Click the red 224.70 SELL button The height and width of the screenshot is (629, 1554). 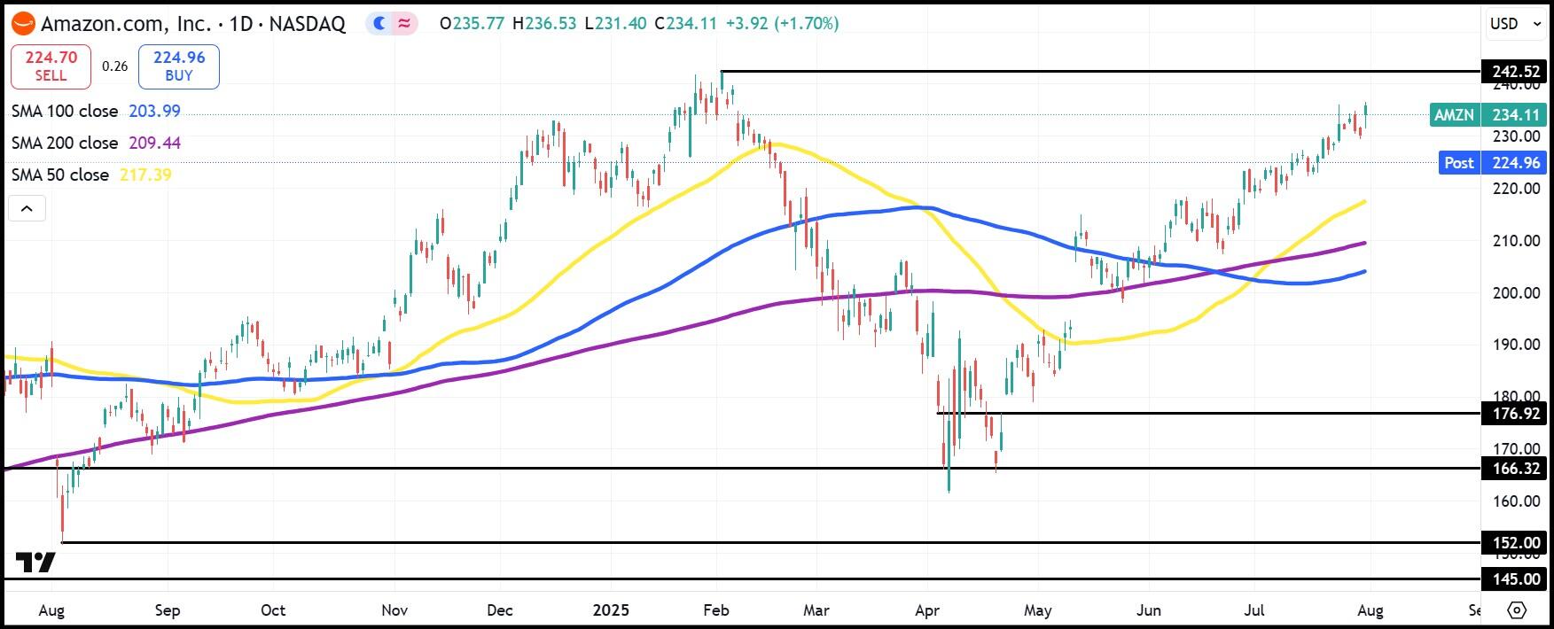tap(51, 66)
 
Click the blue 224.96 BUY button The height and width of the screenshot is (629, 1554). tap(178, 66)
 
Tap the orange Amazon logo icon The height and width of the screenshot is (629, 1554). tap(23, 24)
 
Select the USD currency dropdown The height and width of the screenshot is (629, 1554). tap(1516, 24)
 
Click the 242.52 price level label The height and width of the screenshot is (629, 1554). tap(1515, 72)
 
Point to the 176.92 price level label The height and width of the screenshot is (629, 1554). tap(1515, 414)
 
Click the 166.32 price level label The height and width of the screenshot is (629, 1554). tap(1515, 469)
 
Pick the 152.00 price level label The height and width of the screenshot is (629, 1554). tap(1515, 543)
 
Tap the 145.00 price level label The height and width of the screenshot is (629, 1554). tap(1515, 579)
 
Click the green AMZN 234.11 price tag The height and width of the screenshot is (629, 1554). tap(1488, 115)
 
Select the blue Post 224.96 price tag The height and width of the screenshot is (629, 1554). tap(1492, 163)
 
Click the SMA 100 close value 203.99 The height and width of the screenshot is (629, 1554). tap(154, 112)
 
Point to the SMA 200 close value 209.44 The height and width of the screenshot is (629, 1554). tap(154, 144)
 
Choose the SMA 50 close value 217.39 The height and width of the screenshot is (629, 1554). tap(145, 175)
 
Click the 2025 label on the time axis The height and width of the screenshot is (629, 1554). tap(611, 610)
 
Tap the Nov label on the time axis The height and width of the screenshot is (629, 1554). tap(394, 610)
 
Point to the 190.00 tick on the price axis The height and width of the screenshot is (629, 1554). tap(1516, 345)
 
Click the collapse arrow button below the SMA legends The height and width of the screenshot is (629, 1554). tap(27, 209)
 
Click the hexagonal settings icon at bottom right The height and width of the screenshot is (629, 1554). tap(1517, 610)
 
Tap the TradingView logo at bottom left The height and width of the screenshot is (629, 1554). tap(35, 563)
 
